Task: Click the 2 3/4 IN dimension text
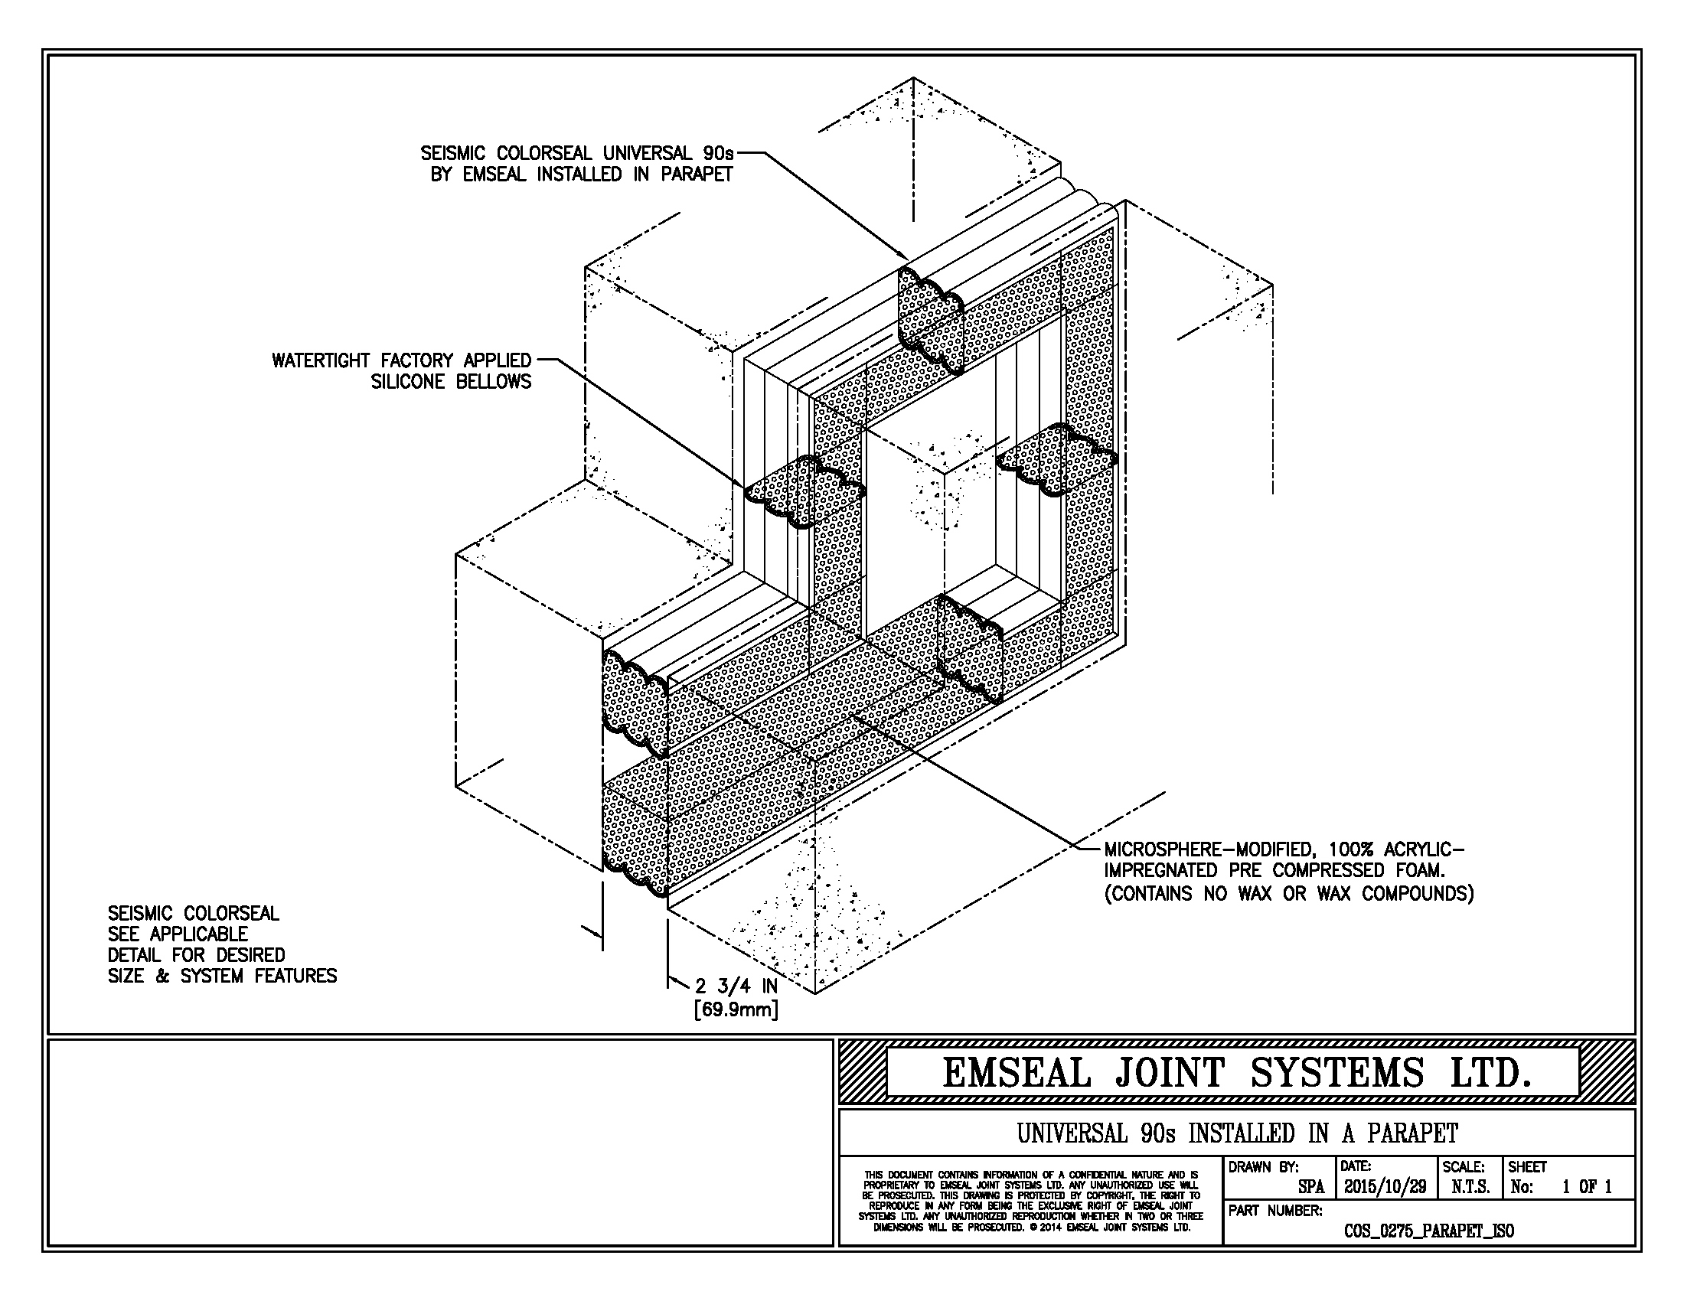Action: pyautogui.click(x=736, y=986)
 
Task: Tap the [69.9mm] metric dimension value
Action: pyautogui.click(x=736, y=1009)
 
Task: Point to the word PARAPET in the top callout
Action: pyautogui.click(x=697, y=174)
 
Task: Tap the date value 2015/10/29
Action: pyautogui.click(x=1385, y=1187)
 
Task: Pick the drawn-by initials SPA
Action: pyautogui.click(x=1310, y=1188)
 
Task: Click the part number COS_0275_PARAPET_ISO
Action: pyautogui.click(x=1429, y=1231)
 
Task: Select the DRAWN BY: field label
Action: pyautogui.click(x=1264, y=1167)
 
